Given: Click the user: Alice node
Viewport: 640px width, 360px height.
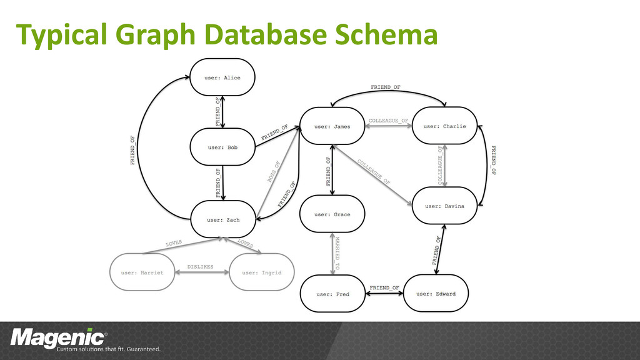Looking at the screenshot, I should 222,77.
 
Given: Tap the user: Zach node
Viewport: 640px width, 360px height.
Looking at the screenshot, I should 223,219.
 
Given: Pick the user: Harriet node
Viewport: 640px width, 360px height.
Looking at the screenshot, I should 142,272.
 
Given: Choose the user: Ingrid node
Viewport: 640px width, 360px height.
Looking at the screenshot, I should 261,272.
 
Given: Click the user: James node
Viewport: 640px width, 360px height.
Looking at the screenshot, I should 332,126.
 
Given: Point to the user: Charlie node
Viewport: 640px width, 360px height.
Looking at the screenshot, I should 445,126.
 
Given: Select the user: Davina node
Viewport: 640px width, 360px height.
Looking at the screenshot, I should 445,206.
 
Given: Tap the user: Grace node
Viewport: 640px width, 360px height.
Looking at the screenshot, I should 332,214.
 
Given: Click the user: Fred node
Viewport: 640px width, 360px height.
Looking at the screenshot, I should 332,294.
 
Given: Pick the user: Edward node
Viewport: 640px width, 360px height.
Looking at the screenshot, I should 436,294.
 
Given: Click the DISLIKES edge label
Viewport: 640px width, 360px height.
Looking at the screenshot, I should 201,267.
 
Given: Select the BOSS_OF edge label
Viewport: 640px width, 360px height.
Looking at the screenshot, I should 274,171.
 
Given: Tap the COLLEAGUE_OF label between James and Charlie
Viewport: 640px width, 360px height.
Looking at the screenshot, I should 388,121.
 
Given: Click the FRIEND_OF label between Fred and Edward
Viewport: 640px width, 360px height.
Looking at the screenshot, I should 384,287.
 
